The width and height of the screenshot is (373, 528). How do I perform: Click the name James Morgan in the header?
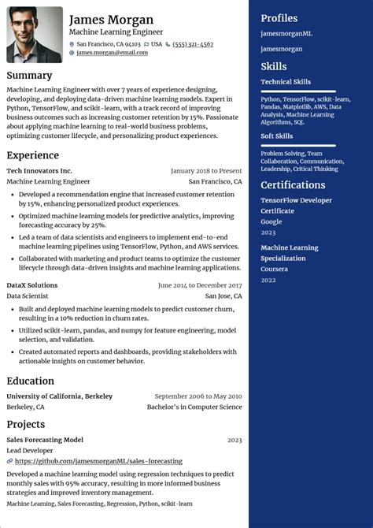pos(111,19)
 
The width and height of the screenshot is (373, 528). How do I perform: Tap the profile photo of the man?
pos(35,35)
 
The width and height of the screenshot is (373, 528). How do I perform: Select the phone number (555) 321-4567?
pos(193,44)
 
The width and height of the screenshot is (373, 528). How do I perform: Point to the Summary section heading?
pos(29,76)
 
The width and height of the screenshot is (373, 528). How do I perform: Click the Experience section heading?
pos(33,155)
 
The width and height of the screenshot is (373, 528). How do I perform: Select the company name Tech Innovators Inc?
pos(39,170)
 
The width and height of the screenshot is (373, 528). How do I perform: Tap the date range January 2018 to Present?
pos(206,170)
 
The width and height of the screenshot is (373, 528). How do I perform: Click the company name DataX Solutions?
pos(31,285)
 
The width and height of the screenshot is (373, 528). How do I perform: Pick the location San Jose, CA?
pos(223,296)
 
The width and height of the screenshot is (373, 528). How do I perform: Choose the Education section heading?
pos(31,381)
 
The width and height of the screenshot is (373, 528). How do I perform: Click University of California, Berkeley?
pos(59,396)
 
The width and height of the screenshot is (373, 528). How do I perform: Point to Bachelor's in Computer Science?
pos(194,407)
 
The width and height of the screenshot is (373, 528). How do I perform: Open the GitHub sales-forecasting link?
pos(98,461)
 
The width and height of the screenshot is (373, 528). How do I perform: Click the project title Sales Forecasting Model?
pos(45,440)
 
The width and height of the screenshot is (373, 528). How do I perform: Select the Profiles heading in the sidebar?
pos(279,18)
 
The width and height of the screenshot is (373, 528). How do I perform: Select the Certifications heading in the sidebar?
pos(293,185)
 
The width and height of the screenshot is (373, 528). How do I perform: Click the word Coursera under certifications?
pos(275,269)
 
